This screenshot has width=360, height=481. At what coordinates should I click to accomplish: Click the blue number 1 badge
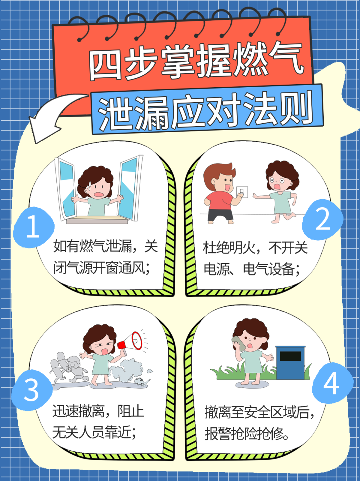tap(33, 227)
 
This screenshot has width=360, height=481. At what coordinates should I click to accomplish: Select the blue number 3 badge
tap(32, 390)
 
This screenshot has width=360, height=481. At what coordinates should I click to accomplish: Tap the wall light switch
tap(242, 192)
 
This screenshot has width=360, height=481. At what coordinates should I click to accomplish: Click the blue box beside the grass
tap(290, 363)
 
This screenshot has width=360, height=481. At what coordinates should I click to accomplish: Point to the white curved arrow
tap(53, 117)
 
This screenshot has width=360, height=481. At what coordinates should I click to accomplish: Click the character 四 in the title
tap(105, 65)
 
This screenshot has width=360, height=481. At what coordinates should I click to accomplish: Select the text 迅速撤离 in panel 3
tap(79, 411)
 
